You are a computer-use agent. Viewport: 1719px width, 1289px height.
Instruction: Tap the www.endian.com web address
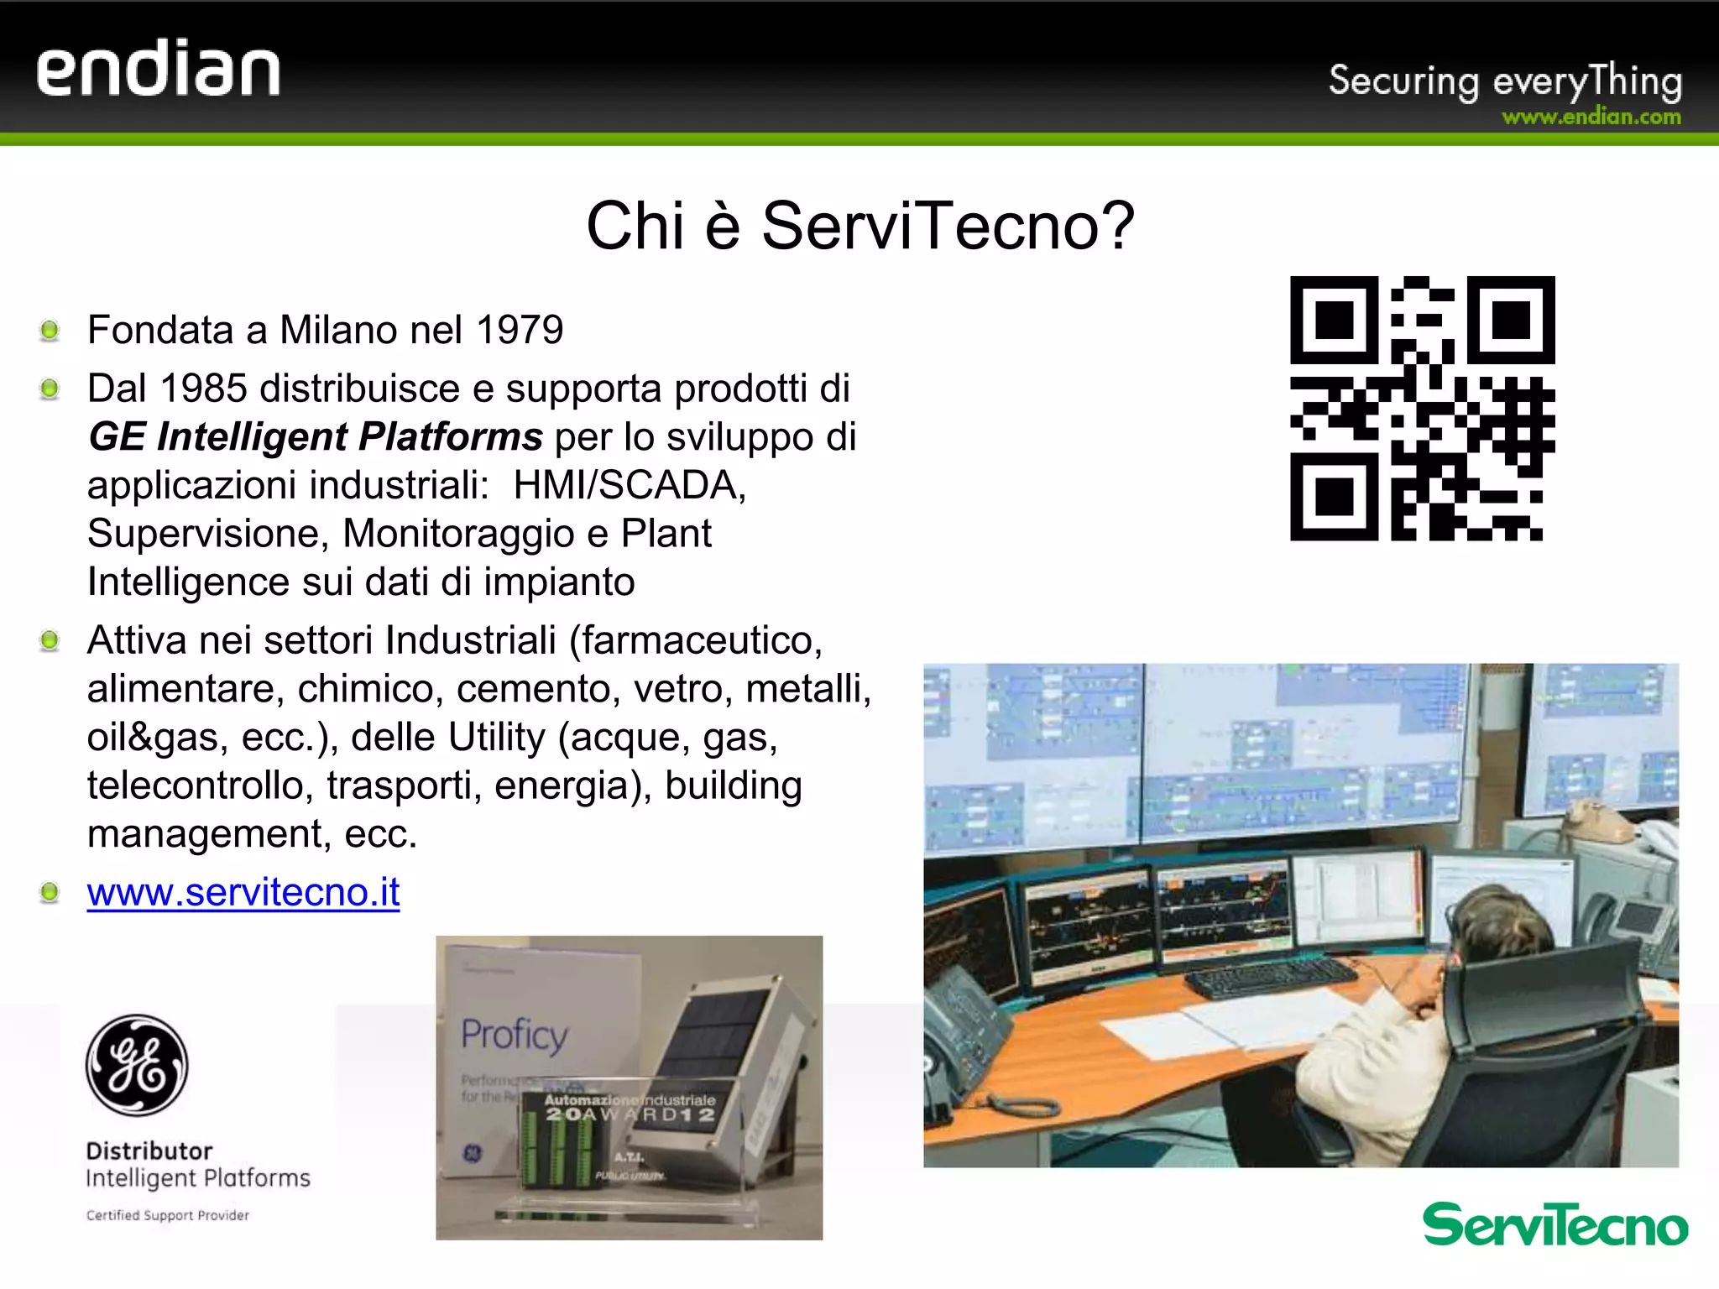1591,117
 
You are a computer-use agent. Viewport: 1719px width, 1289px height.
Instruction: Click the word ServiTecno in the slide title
948,226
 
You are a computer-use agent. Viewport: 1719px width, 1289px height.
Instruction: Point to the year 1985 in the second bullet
202,389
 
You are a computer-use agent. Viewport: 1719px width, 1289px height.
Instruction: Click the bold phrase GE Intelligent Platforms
316,437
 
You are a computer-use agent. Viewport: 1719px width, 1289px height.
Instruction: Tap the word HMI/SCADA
630,485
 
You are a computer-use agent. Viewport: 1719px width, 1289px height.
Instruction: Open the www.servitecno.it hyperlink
243,892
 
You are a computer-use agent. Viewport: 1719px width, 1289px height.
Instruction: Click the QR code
1422,408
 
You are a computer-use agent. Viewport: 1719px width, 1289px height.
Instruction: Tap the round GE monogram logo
137,1065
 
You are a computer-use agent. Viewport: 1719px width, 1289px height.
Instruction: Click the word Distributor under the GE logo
149,1151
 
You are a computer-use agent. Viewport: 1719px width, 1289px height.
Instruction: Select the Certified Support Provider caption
168,1215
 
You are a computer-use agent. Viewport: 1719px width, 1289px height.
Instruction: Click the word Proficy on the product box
515,1035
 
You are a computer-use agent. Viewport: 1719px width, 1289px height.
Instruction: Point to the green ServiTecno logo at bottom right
1554,1225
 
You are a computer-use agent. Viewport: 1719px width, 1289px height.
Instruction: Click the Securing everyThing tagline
1505,81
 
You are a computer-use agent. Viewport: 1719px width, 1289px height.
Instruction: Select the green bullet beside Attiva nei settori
50,641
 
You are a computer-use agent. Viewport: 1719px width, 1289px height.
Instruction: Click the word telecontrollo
201,785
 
